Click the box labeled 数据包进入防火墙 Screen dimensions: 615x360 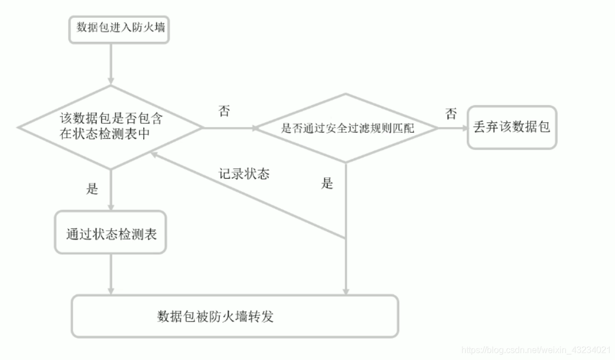pyautogui.click(x=118, y=28)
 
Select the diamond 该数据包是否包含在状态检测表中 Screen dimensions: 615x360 pyautogui.click(x=111, y=127)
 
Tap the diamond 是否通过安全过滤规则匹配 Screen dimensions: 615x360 pyautogui.click(x=347, y=128)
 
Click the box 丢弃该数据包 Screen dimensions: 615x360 pyautogui.click(x=511, y=127)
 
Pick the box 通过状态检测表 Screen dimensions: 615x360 pyautogui.click(x=111, y=233)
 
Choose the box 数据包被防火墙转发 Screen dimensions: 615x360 pyautogui.click(x=235, y=316)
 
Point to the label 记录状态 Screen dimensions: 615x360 pyautogui.click(x=244, y=174)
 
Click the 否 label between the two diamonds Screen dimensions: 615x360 pyautogui.click(x=224, y=111)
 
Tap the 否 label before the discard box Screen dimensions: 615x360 pyautogui.click(x=451, y=114)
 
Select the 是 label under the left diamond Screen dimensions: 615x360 pyautogui.click(x=92, y=189)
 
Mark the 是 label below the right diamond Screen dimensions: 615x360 pyautogui.click(x=328, y=183)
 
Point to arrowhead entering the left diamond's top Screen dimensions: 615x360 pyautogui.click(x=111, y=81)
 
